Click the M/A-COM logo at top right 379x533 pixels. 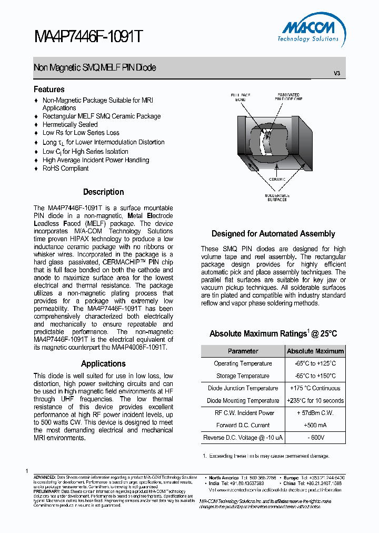click(x=310, y=32)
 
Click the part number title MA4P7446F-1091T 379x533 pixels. click(x=88, y=36)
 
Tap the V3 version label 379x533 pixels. click(x=337, y=73)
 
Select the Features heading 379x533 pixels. click(x=49, y=90)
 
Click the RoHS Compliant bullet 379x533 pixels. click(x=65, y=169)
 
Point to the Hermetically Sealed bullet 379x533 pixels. click(x=70, y=125)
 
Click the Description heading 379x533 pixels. click(x=103, y=192)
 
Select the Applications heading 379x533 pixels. click(x=103, y=364)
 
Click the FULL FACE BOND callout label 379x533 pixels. click(x=241, y=97)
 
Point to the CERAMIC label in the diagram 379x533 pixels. click(x=277, y=180)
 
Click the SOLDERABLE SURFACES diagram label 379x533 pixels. click(x=276, y=198)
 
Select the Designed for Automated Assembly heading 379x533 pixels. click(x=273, y=234)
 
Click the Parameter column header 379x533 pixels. click(x=243, y=351)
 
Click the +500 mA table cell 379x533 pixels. click(x=315, y=426)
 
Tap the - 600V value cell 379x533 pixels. click(x=315, y=438)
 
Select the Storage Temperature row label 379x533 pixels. click(x=243, y=376)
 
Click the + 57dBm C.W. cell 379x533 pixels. click(x=315, y=413)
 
